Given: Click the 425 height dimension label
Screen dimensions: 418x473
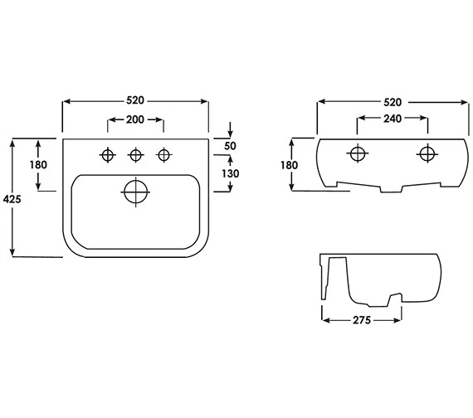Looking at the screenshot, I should (12, 200).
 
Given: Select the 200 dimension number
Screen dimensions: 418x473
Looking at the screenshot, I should (136, 120).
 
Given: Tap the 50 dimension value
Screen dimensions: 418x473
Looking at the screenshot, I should (231, 146).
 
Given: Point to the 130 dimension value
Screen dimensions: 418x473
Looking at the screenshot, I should (231, 173).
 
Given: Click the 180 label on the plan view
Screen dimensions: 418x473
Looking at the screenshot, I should (37, 165).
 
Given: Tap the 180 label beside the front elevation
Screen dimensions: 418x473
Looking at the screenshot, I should (289, 165).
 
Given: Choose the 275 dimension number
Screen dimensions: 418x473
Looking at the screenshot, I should (362, 318).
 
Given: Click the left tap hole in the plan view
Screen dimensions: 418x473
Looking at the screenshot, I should (108, 154).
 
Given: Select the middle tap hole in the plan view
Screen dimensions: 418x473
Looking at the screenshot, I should (136, 154).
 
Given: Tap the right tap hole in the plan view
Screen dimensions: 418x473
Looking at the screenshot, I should (164, 154).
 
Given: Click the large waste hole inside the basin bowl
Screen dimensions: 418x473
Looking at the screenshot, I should (135, 192).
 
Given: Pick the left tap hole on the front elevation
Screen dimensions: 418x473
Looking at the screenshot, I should (357, 153).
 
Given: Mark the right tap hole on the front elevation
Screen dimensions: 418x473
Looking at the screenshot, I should (427, 153).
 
